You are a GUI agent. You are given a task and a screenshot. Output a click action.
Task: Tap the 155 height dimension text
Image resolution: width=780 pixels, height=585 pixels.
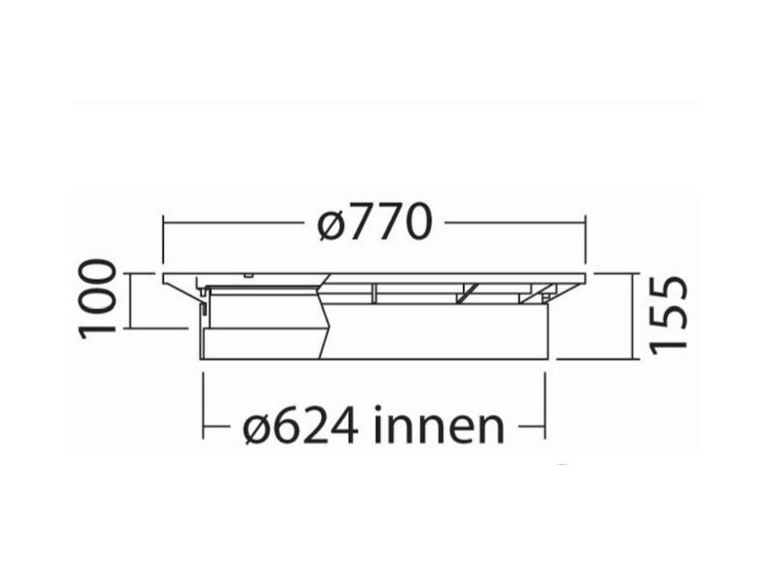click(x=670, y=314)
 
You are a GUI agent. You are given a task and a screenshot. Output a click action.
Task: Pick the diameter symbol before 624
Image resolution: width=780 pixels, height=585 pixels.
click(x=256, y=427)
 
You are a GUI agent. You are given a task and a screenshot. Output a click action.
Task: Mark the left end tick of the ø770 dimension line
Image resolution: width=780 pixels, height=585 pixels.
click(x=163, y=224)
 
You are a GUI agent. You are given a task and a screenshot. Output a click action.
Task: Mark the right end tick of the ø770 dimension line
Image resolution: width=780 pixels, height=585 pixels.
click(x=586, y=224)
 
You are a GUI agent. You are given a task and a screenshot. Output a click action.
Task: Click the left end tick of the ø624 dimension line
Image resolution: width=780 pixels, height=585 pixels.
click(x=202, y=427)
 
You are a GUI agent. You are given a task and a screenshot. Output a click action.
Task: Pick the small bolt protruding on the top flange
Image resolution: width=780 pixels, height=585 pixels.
click(x=251, y=274)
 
